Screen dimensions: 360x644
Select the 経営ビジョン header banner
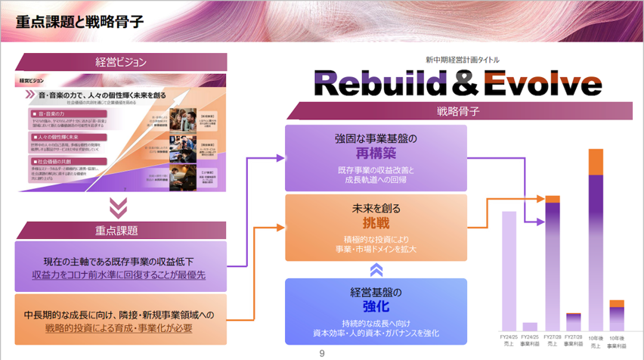[121, 62]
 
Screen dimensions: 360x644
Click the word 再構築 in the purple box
[376, 154]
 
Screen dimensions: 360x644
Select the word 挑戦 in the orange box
[376, 224]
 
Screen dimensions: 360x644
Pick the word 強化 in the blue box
[376, 306]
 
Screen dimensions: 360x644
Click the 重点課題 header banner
[121, 230]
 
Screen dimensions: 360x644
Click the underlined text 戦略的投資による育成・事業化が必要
[119, 328]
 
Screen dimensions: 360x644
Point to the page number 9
[322, 353]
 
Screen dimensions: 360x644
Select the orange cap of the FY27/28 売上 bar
[553, 199]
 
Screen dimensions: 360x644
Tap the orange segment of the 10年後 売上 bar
[596, 162]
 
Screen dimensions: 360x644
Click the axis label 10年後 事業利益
[618, 341]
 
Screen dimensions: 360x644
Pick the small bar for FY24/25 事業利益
[531, 327]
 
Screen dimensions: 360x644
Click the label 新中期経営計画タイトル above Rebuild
[462, 60]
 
